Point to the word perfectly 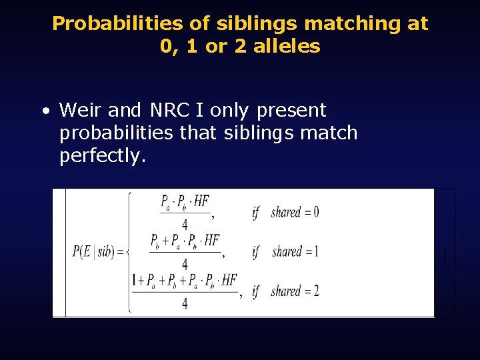point(101,155)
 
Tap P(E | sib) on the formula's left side point(98,252)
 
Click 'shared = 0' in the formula point(295,213)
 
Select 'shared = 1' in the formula point(295,252)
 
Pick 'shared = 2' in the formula point(295,291)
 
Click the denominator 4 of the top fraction point(185,224)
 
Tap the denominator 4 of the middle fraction point(185,263)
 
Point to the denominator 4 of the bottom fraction point(185,303)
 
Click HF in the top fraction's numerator point(201,201)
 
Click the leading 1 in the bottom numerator point(135,280)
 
